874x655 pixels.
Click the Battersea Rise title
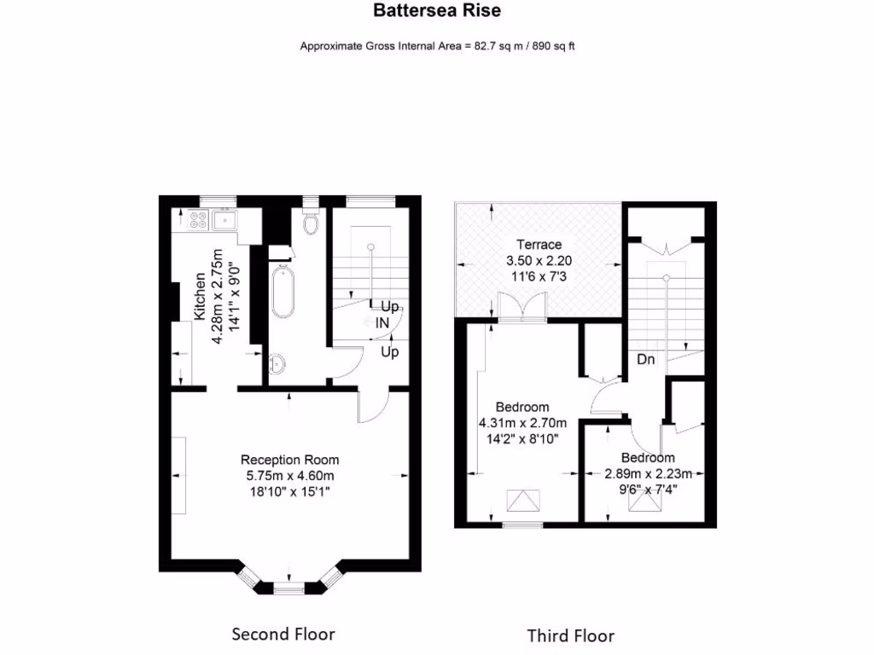tap(436, 11)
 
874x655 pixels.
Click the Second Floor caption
tap(283, 634)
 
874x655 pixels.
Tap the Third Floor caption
tap(570, 635)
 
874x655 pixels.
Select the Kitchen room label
tap(200, 296)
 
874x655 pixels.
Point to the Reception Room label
tap(289, 460)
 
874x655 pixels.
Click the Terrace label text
tap(539, 245)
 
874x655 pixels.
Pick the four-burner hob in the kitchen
tap(199, 221)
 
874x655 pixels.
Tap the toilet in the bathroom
tap(311, 221)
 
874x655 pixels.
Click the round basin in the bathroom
tap(276, 364)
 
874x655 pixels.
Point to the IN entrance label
tap(382, 323)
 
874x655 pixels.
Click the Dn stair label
tap(646, 360)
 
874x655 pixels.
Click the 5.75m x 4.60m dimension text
tap(289, 475)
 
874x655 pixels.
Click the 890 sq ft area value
tap(554, 46)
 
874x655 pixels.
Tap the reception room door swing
tap(374, 404)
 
